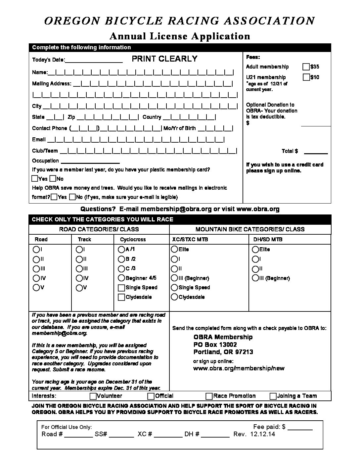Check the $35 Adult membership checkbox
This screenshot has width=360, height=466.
(306, 67)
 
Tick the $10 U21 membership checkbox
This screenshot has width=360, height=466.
(306, 77)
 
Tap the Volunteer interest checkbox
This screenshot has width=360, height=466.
(93, 396)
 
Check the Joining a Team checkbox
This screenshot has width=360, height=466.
(273, 396)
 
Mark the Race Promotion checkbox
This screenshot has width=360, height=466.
(209, 396)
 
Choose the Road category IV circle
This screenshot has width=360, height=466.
(36, 278)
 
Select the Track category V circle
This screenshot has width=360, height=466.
(79, 288)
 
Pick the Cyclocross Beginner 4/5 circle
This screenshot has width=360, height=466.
(121, 278)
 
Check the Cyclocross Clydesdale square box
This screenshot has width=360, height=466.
(121, 297)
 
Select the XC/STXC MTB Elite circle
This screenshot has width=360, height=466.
(174, 249)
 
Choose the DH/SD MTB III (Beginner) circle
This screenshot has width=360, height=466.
(255, 278)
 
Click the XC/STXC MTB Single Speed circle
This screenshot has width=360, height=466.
(174, 288)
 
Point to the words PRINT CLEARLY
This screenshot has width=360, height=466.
(164, 59)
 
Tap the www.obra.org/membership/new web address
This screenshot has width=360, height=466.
(239, 368)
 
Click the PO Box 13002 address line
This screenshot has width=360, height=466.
(215, 345)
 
